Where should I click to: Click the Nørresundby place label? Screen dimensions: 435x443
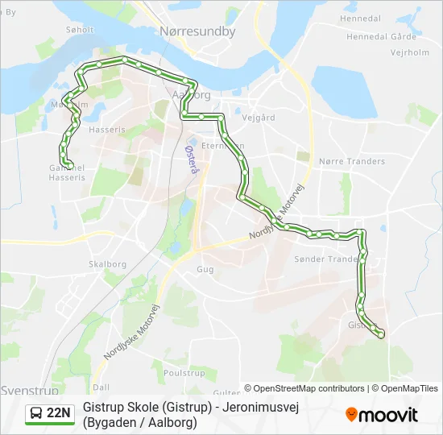[x=197, y=32]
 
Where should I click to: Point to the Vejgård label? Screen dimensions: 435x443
[x=259, y=117]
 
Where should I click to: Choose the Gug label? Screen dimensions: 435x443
[x=205, y=270]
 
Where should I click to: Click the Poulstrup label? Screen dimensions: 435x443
[x=184, y=373]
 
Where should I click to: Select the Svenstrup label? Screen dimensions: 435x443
[x=28, y=389]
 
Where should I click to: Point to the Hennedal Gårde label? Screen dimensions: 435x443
[x=381, y=36]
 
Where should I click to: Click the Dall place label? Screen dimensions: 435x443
[x=101, y=387]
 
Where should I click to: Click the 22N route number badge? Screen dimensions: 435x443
[x=59, y=413]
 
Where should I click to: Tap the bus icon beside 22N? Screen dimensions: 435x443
[x=37, y=413]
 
